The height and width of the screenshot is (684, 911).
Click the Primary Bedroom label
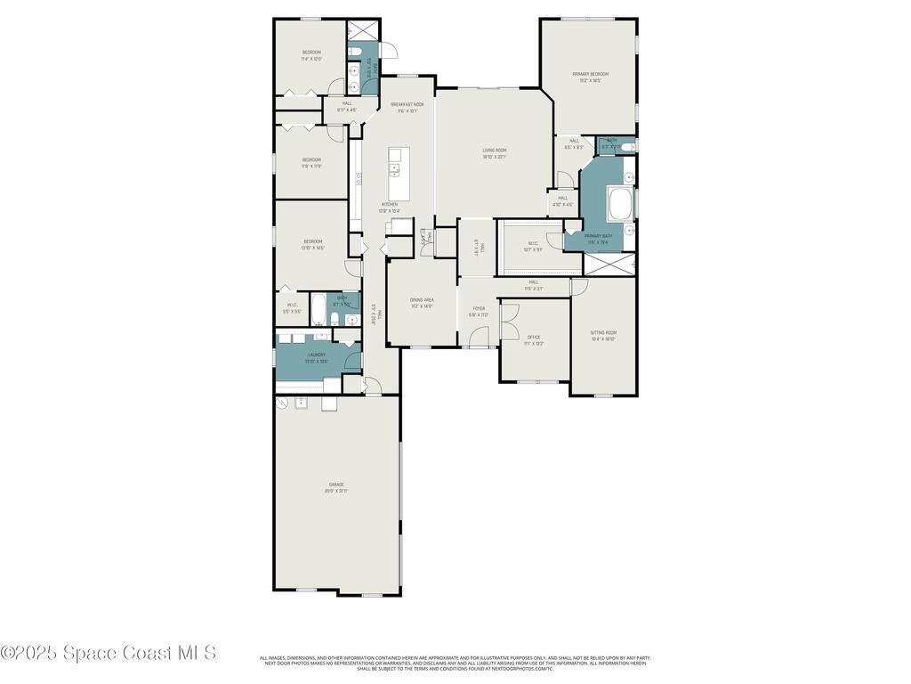pos(590,74)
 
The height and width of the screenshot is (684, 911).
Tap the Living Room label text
pos(494,151)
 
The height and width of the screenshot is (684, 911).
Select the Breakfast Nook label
pos(407,104)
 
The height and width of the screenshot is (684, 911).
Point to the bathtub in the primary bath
pos(620,205)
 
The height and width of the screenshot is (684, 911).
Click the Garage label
pos(335,484)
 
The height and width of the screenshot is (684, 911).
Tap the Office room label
pos(534,338)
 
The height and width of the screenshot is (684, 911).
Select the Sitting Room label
pos(603,332)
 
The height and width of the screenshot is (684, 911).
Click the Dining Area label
pos(422,300)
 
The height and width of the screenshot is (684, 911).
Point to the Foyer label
pos(479,308)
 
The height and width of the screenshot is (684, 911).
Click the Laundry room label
pos(317,354)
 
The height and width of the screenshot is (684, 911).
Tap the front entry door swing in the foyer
pos(480,337)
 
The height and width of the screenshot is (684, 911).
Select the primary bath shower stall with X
pos(610,264)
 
